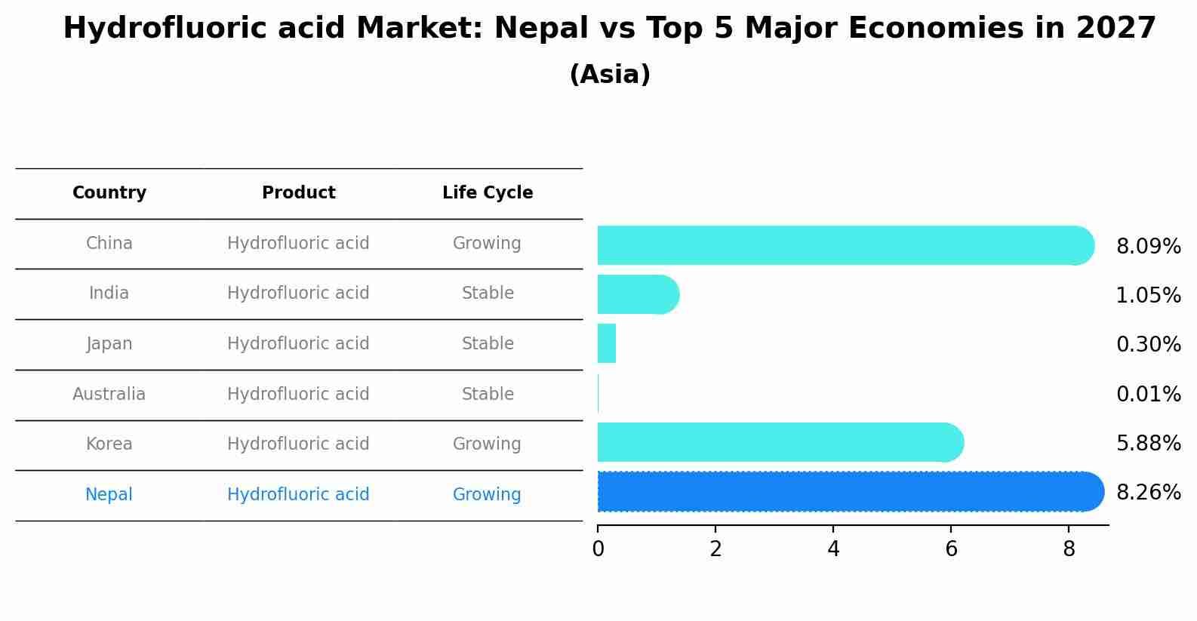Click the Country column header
(x=109, y=193)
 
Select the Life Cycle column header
(x=488, y=193)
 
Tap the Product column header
(x=299, y=193)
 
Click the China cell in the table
(x=109, y=244)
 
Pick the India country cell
(x=109, y=294)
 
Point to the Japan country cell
(x=109, y=344)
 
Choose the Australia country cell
(x=109, y=395)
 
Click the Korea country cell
(x=109, y=444)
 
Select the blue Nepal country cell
(x=109, y=495)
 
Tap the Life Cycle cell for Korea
(x=487, y=444)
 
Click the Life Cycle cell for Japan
(x=488, y=344)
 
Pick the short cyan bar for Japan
(x=607, y=343)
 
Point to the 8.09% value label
(x=1148, y=247)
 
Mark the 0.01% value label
(x=1148, y=395)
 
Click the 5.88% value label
(x=1148, y=444)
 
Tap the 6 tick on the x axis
(x=951, y=549)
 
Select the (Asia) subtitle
(x=610, y=75)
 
